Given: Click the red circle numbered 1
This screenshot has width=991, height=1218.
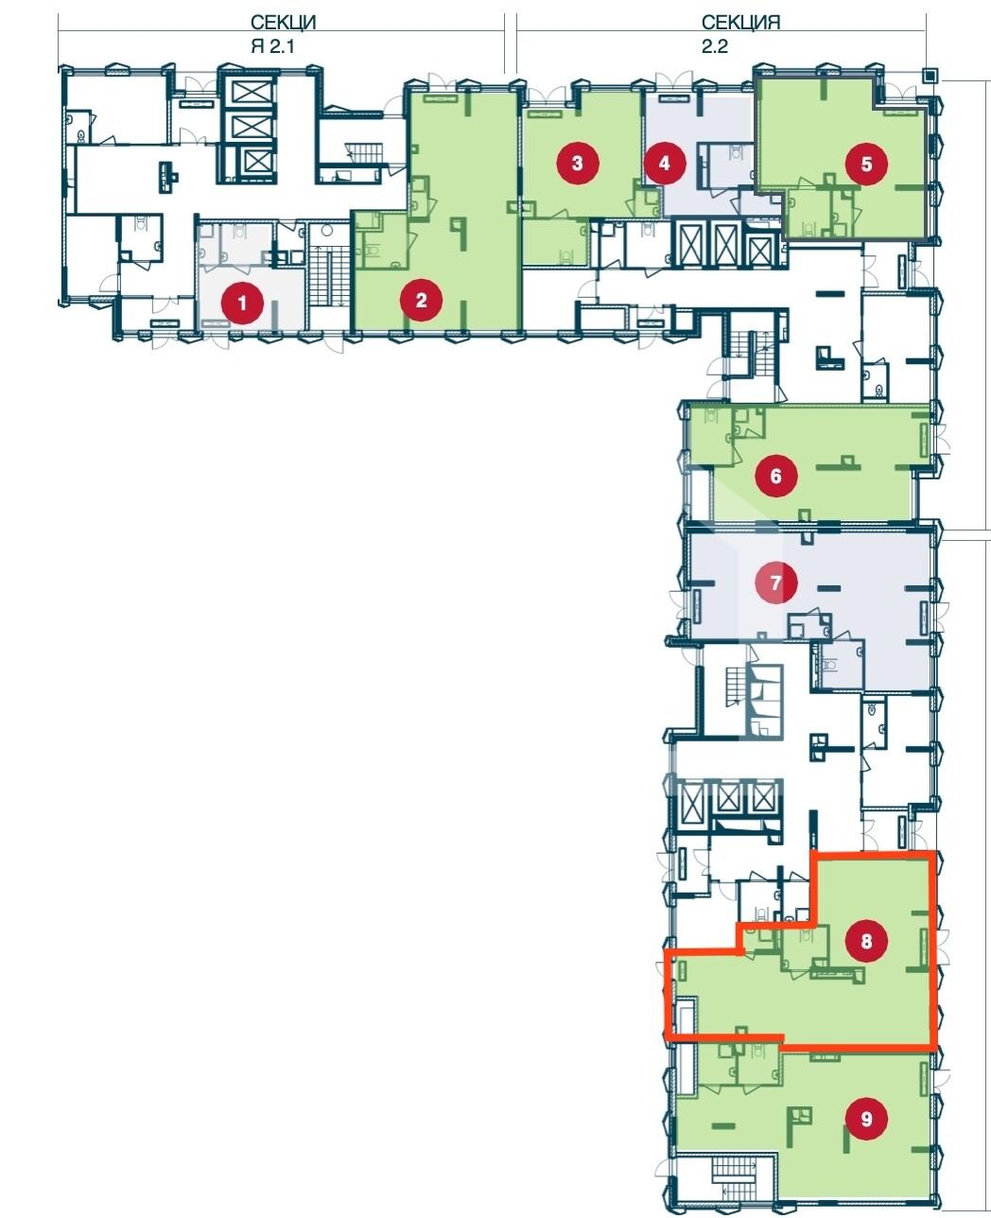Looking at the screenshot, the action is [x=242, y=303].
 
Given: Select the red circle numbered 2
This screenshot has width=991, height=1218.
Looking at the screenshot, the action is [x=422, y=300].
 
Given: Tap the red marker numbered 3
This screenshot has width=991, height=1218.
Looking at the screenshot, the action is [x=578, y=163].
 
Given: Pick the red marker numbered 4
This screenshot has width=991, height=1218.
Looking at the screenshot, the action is [x=664, y=163].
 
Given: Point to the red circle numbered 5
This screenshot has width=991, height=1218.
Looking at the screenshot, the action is [x=866, y=165].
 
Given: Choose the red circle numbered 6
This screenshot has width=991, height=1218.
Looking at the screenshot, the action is [x=776, y=476].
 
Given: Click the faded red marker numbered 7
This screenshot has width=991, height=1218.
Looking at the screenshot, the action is [x=776, y=583].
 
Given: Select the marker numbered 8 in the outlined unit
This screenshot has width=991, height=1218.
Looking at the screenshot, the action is [x=866, y=941].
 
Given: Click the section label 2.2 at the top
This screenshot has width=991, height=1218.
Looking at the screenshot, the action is [x=715, y=45].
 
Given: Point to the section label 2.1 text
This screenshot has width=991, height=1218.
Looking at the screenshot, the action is [x=272, y=45].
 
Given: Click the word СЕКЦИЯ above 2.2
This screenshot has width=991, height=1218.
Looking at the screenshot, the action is [x=740, y=22].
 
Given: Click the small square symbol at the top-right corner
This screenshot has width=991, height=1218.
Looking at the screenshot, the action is [x=930, y=75].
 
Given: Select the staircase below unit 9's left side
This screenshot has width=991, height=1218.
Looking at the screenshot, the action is [x=740, y=1178].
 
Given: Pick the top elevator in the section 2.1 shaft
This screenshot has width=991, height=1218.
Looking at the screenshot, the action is [x=248, y=91].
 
